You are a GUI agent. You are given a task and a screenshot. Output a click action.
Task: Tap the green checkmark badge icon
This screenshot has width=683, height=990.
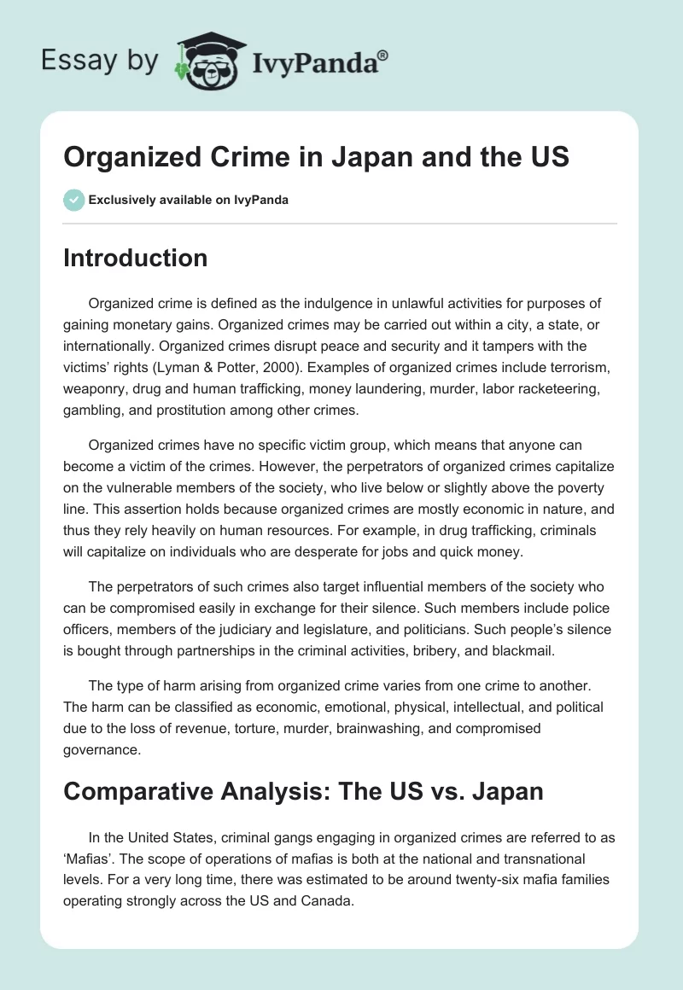(73, 201)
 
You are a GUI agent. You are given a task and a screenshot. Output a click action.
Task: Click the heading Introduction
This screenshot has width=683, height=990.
(135, 258)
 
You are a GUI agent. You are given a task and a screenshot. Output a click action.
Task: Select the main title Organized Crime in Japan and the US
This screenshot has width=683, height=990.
(316, 158)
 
